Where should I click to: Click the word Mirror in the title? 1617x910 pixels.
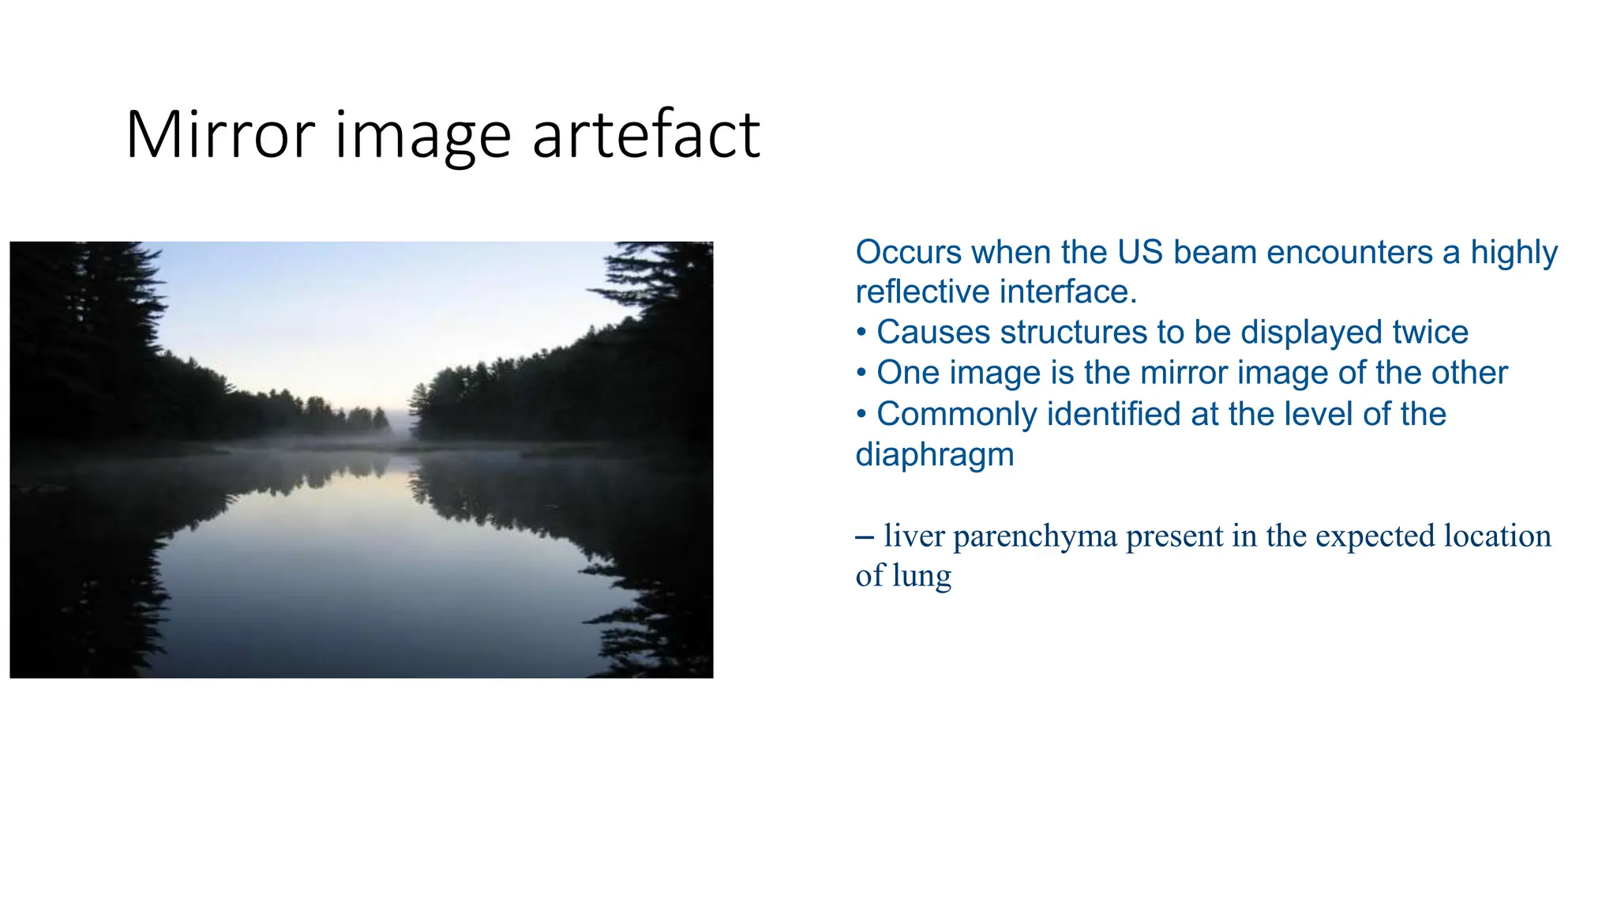click(220, 135)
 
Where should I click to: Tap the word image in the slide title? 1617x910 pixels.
click(423, 135)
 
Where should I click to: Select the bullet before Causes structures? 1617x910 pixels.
click(861, 333)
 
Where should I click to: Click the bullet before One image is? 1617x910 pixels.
click(861, 373)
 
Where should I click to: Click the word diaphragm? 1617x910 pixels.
click(934, 455)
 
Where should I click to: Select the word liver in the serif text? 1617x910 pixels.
click(914, 536)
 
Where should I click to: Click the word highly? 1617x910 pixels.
click(1514, 253)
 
